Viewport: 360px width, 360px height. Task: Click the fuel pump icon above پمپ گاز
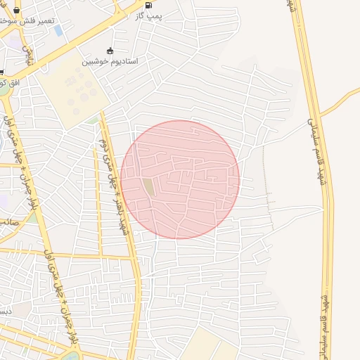tap(148, 6)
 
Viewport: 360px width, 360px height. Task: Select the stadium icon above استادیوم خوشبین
tap(109, 51)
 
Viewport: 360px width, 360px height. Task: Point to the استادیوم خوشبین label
tap(110, 61)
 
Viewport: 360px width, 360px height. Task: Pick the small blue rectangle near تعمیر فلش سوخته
tap(58, 30)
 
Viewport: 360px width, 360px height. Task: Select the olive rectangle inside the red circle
tap(148, 188)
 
